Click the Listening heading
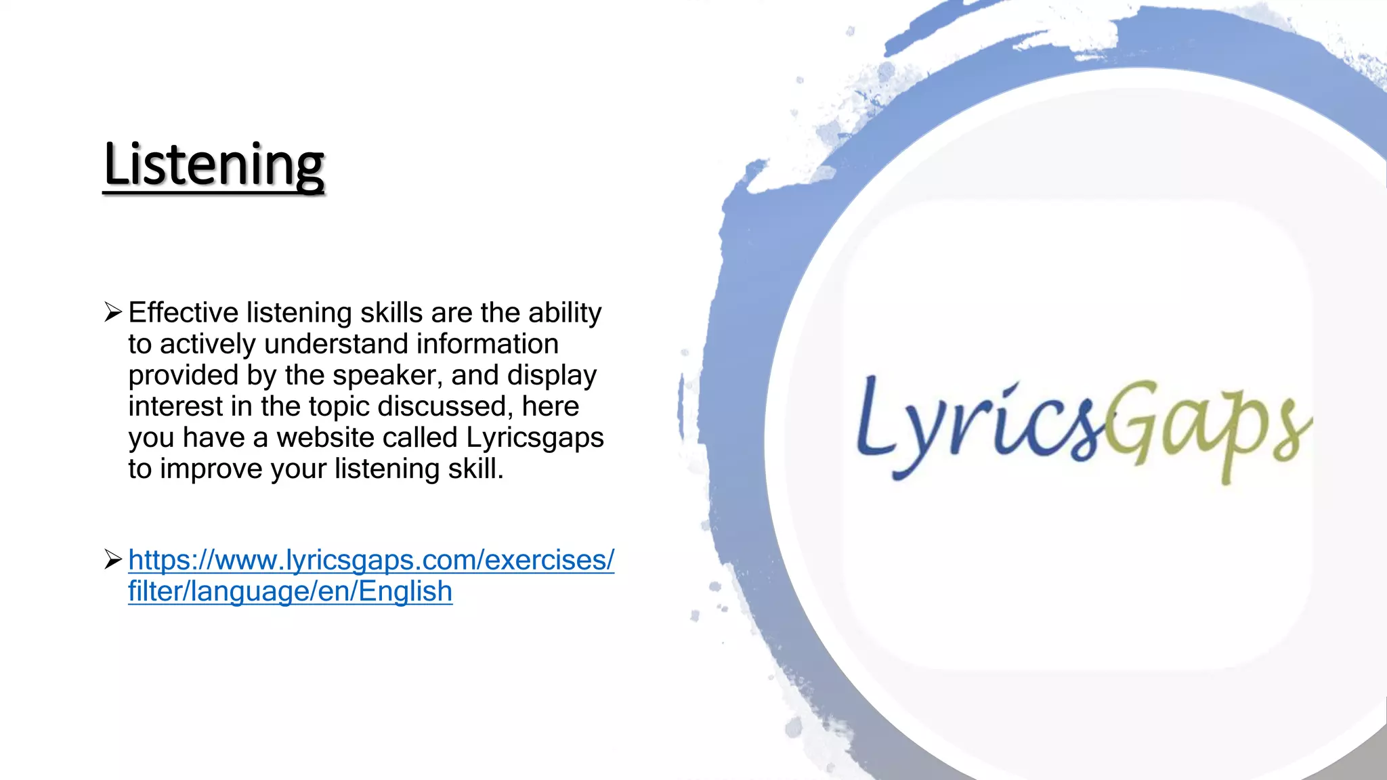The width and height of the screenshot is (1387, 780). [214, 165]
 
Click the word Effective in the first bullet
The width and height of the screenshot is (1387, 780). [183, 313]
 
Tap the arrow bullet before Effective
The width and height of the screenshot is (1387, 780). [113, 312]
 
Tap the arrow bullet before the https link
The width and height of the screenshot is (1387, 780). [113, 559]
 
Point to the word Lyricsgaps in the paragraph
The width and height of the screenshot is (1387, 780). [535, 437]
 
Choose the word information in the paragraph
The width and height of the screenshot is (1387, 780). [487, 344]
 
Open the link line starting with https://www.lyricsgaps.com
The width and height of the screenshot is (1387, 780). [371, 560]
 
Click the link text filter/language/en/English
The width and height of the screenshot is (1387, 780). [290, 591]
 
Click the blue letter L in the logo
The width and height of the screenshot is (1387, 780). [874, 416]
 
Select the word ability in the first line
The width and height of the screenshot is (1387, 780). [565, 313]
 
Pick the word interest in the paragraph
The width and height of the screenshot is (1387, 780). [175, 406]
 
